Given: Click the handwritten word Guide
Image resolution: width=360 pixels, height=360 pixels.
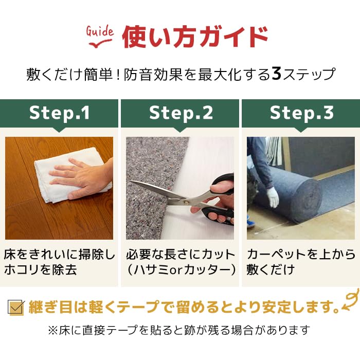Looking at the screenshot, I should click(x=99, y=32).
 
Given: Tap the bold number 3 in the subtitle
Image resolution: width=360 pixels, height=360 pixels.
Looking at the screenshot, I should click(x=276, y=74).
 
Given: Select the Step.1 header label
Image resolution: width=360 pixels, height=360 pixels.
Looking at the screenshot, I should click(x=60, y=113).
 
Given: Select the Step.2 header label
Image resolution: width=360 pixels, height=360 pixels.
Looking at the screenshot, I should click(x=181, y=113).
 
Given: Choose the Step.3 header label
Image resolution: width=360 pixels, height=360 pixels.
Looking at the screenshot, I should click(x=301, y=113).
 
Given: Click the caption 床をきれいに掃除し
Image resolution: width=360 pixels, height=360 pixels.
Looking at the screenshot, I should click(x=59, y=254).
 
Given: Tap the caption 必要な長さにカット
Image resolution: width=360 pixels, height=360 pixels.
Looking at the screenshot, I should click(x=181, y=254).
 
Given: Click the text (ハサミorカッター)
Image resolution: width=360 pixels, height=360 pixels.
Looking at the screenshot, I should click(x=181, y=269).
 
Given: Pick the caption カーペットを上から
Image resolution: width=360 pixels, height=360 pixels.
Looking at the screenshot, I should click(x=301, y=254).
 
